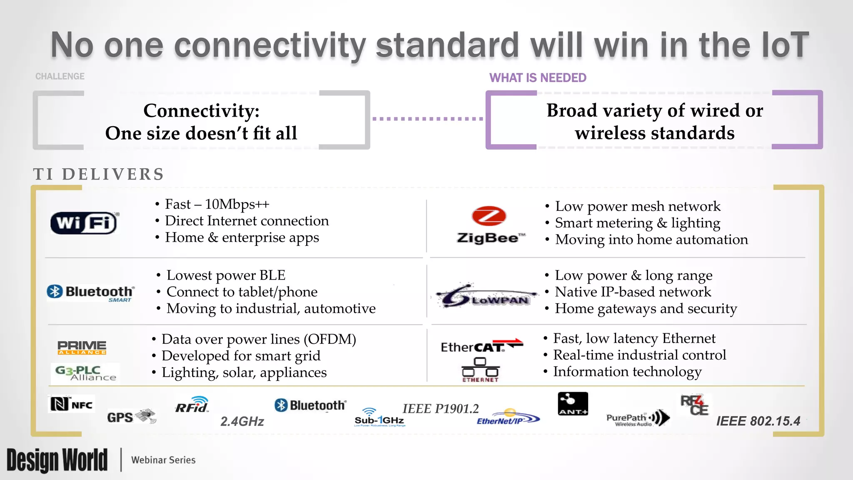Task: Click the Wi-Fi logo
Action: (84, 223)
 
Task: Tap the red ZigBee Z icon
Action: (489, 216)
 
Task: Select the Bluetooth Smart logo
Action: (91, 292)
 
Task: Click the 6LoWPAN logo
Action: (485, 296)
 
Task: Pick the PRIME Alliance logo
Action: (82, 347)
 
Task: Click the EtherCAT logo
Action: (481, 346)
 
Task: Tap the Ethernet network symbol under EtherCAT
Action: (480, 370)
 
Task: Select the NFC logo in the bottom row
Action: (71, 404)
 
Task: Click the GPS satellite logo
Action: (131, 416)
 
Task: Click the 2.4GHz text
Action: (242, 421)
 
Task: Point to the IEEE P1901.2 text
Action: (440, 408)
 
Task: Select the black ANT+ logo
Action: (573, 404)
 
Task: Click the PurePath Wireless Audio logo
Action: (637, 418)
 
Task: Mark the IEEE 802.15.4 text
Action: (758, 421)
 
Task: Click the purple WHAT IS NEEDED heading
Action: (537, 78)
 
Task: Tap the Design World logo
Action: (57, 460)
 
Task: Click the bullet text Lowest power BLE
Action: (226, 275)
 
